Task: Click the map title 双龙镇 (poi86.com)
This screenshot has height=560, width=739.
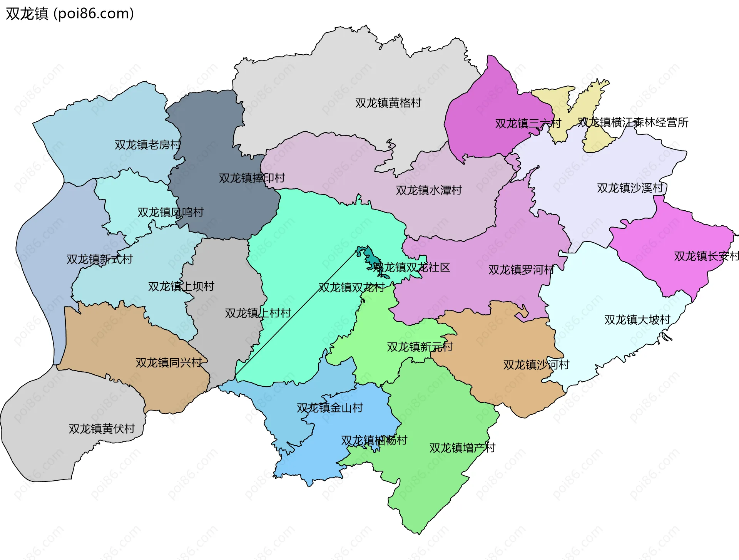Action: [x=70, y=14]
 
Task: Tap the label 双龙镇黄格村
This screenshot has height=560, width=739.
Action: [x=388, y=103]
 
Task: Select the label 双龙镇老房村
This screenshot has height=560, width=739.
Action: [x=147, y=145]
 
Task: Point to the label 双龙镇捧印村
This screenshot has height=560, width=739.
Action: [x=252, y=178]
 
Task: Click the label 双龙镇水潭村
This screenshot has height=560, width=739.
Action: [x=429, y=190]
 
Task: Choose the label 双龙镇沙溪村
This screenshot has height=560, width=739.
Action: [x=630, y=188]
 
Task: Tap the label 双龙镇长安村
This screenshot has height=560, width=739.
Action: [x=706, y=257]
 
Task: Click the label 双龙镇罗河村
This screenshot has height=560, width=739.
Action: [x=521, y=270]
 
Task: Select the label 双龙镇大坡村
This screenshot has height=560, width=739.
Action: [x=637, y=320]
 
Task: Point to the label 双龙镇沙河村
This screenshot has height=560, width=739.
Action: [x=536, y=365]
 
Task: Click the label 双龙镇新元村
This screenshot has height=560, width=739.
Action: [x=420, y=347]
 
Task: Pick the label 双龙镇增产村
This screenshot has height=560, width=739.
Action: [x=462, y=448]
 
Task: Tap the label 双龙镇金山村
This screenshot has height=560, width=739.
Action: [x=330, y=408]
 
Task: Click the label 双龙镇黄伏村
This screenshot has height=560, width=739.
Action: [x=102, y=429]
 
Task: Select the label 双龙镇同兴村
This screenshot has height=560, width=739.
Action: [x=169, y=363]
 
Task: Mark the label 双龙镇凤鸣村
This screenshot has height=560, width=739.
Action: [x=171, y=213]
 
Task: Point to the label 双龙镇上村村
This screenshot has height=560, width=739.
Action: [x=258, y=314]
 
